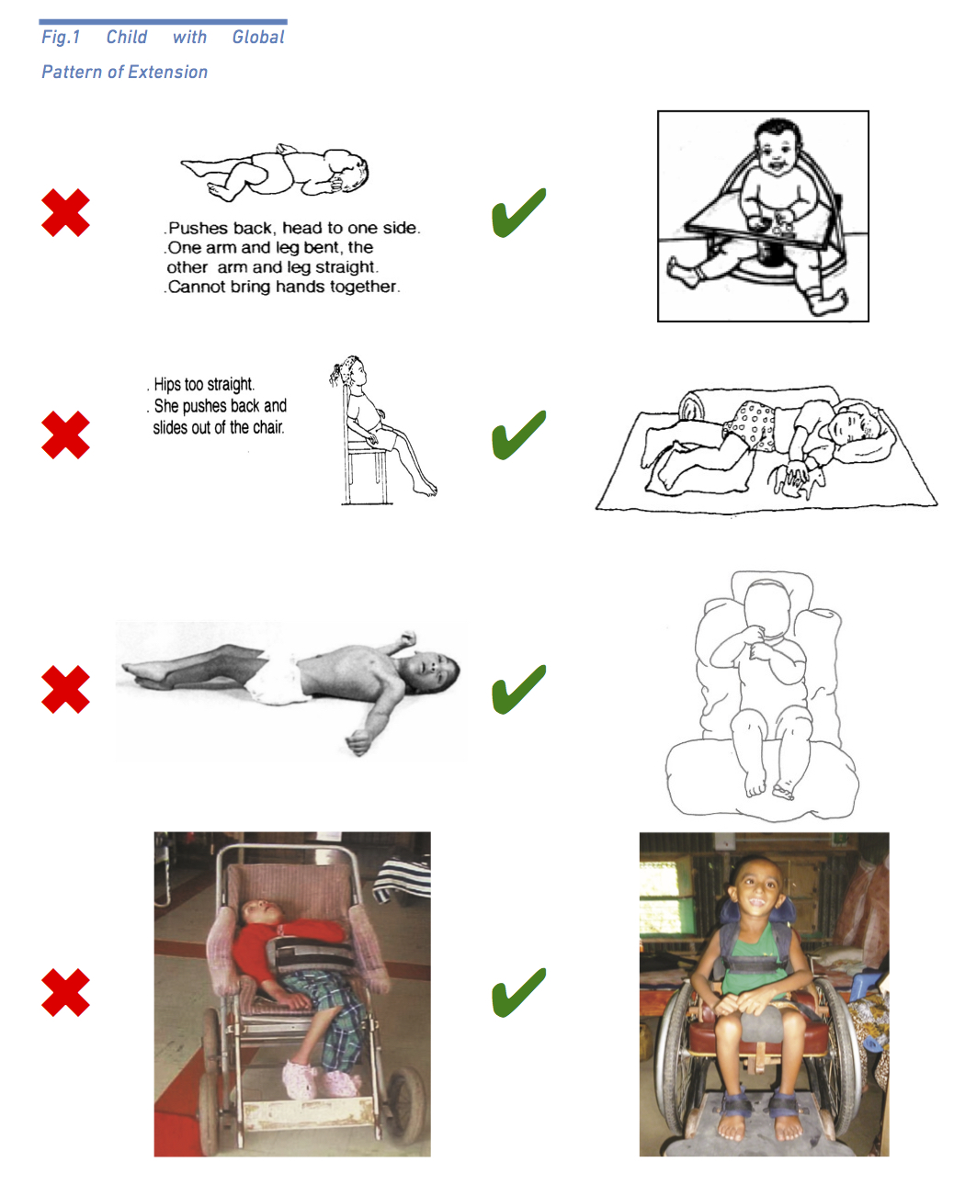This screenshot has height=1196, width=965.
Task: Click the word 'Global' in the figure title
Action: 258,38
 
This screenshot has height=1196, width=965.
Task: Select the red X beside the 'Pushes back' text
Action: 65,212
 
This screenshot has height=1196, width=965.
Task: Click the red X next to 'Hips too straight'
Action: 65,434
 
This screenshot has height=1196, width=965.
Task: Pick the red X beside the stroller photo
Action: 65,992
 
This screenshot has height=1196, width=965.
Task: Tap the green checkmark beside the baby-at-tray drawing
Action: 518,213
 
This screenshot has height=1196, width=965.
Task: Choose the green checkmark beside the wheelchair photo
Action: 518,993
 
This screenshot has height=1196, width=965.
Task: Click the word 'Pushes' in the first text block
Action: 198,228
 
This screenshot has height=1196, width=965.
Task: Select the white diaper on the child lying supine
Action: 276,679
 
